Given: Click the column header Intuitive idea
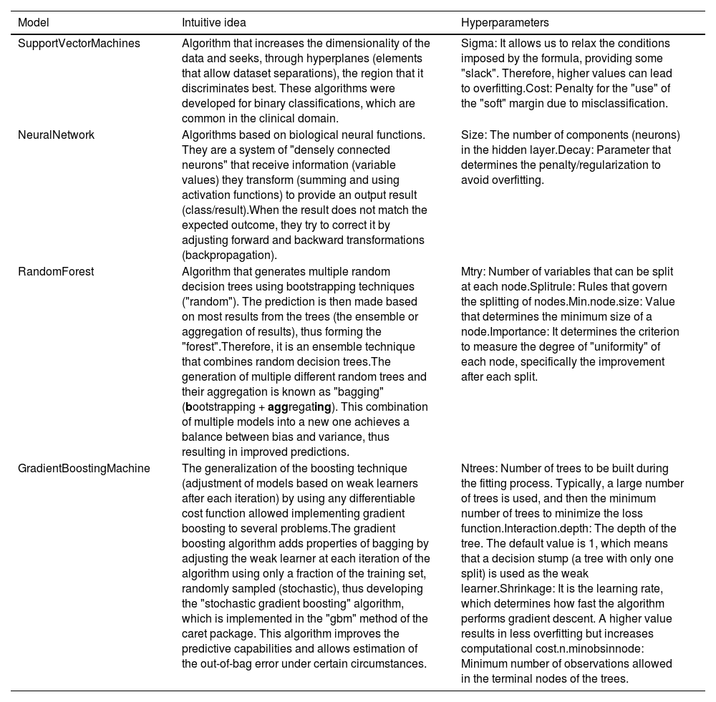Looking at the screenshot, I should point(214,23).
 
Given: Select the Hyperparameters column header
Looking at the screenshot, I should point(505,23).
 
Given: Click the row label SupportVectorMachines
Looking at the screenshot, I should point(79,44).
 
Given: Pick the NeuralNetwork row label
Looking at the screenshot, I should point(56,135).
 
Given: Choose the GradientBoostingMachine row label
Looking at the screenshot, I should point(84,469).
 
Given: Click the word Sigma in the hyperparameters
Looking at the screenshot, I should point(476,44).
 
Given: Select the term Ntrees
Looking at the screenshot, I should point(478,469).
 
